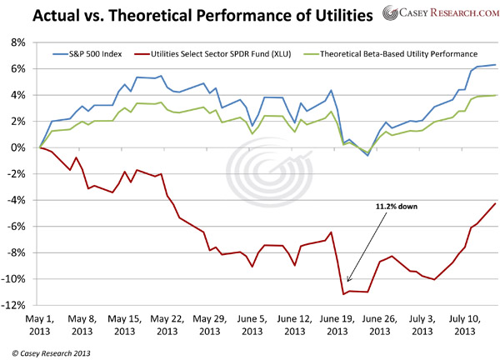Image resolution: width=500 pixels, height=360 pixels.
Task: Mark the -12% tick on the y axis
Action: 18,306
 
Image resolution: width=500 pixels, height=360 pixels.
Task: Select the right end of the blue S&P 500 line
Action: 496,64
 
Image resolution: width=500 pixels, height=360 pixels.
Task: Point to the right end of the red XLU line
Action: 496,203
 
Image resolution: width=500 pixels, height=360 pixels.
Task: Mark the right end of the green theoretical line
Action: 496,95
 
